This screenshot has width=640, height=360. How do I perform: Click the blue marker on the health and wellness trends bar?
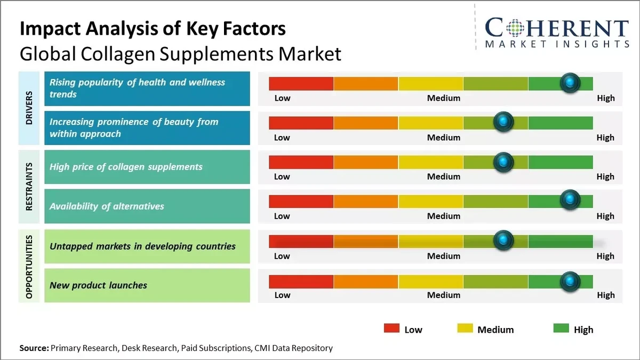(x=570, y=83)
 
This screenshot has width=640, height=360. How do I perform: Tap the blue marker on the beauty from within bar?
(x=503, y=122)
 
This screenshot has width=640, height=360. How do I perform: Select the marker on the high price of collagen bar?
(x=503, y=162)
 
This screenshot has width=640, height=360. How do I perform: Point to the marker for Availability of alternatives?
(x=570, y=201)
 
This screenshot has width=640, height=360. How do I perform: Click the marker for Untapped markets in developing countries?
(x=503, y=241)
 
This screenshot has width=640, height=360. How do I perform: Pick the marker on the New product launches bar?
(x=570, y=280)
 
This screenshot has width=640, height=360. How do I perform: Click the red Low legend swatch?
(x=391, y=329)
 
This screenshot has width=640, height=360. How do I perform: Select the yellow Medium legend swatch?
(x=465, y=329)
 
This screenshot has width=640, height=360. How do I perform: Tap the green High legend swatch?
(x=561, y=329)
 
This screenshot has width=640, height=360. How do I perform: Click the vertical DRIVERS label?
(x=29, y=108)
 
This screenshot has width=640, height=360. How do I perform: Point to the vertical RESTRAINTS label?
(x=29, y=187)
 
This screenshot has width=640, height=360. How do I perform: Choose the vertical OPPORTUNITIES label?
(x=29, y=266)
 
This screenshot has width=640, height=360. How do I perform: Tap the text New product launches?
(x=98, y=285)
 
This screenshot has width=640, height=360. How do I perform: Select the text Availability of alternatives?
(x=107, y=206)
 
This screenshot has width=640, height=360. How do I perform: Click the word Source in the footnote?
(x=34, y=348)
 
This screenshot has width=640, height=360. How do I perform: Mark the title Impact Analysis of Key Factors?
(x=153, y=29)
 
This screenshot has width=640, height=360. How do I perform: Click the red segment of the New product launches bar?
(x=301, y=281)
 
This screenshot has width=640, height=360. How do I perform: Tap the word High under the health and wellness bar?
(x=605, y=98)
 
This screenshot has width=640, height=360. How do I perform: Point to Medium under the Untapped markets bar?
(x=443, y=256)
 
